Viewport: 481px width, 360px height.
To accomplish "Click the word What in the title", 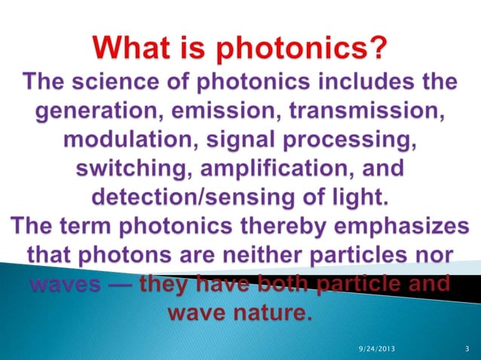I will (x=135, y=51).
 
